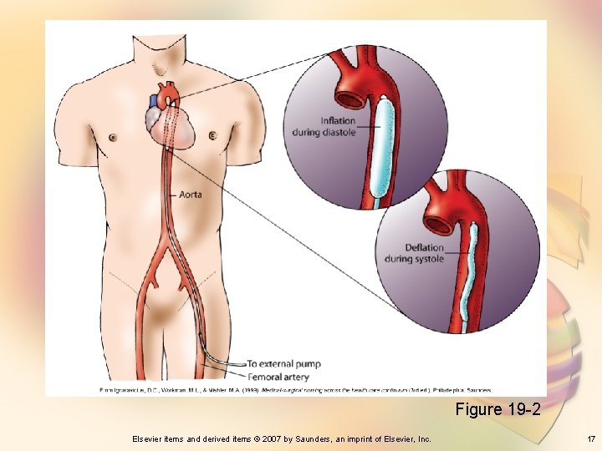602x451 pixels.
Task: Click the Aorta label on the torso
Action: (x=191, y=195)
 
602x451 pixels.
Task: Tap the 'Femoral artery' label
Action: (x=278, y=377)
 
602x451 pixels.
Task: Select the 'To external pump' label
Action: (x=283, y=364)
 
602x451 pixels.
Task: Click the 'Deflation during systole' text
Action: (x=414, y=253)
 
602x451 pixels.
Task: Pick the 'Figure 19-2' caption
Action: (x=498, y=409)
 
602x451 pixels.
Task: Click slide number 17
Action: (x=590, y=438)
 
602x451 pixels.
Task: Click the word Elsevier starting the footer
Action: (x=149, y=438)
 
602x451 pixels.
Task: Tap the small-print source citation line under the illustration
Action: (x=296, y=389)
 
